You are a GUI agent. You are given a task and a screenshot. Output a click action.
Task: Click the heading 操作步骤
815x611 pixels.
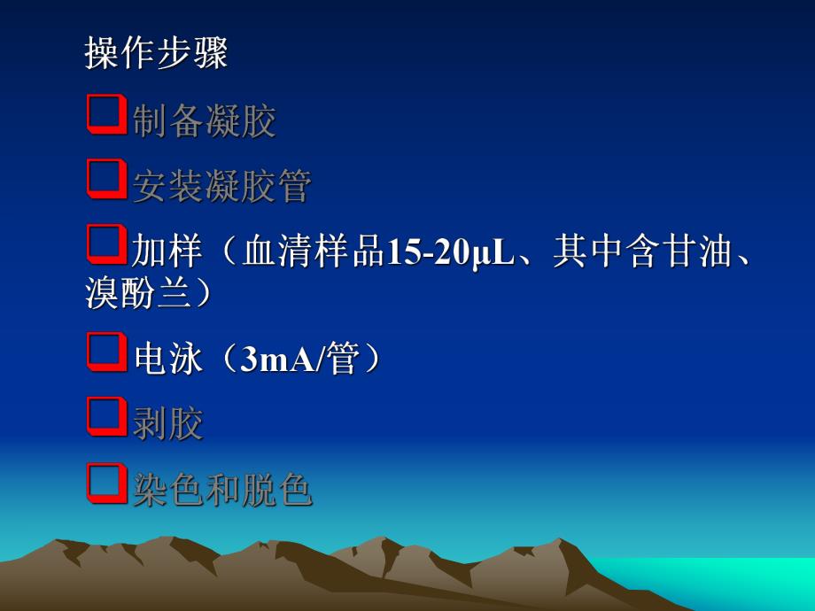coord(156,53)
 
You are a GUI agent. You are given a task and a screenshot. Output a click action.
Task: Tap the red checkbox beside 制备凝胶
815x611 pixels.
coord(107,116)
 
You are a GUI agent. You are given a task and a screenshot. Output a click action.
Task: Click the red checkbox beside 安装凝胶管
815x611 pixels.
coord(107,181)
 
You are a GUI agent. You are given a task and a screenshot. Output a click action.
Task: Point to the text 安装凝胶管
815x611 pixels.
coord(222,186)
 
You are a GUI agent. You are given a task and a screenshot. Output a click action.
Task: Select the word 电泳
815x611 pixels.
coord(168,359)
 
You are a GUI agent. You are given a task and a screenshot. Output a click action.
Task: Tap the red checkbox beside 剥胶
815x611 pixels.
coord(107,416)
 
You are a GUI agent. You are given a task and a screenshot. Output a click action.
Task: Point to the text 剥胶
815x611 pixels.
coord(168,423)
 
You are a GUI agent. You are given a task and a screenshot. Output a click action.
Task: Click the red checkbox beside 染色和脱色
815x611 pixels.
coord(107,483)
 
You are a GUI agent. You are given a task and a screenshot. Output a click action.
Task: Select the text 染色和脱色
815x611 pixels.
coord(222,490)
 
